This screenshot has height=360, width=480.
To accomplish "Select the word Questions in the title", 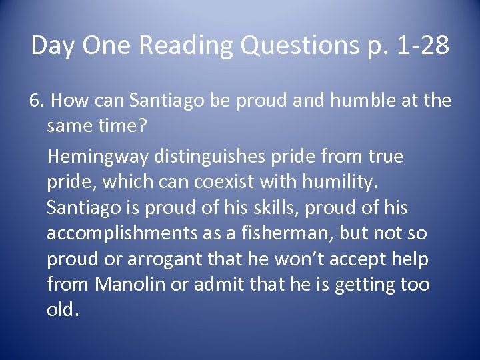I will (302, 46).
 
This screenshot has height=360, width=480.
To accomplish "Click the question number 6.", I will (36, 101).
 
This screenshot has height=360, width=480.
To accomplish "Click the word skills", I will (253, 208).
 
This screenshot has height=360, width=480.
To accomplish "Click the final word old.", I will (62, 310).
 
